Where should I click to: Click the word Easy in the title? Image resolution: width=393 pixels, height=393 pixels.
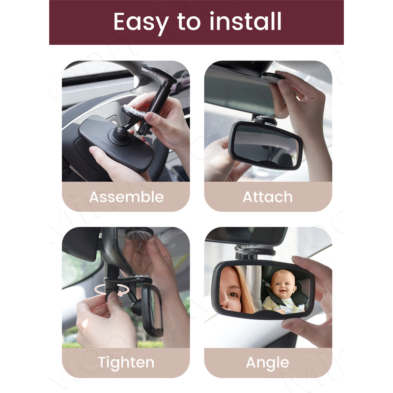(140, 22)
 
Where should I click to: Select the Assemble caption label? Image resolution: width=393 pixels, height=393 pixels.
(126, 197)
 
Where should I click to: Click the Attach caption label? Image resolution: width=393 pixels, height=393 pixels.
(268, 197)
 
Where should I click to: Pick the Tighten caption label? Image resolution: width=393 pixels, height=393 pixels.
(126, 363)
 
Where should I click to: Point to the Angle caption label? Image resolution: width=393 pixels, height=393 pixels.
(267, 363)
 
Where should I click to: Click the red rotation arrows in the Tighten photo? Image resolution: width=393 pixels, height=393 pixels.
(112, 290)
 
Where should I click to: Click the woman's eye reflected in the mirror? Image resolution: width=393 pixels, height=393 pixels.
(232, 294)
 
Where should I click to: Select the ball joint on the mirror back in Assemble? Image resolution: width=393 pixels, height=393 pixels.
(120, 135)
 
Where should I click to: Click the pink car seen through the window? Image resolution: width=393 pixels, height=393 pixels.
(180, 81)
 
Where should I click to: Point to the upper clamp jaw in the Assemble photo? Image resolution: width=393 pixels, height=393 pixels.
(158, 74)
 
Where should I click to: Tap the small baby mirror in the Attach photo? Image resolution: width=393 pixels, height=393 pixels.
(266, 145)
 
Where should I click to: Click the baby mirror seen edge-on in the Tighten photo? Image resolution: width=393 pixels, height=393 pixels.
(152, 311)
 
